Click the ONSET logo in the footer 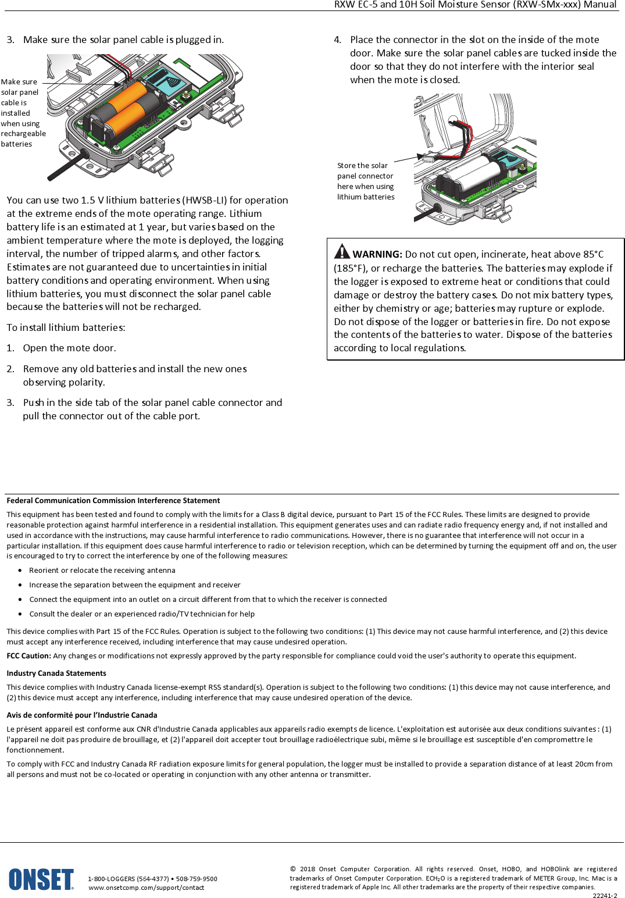click(x=41, y=879)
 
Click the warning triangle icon click(x=342, y=251)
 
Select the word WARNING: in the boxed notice click(x=377, y=254)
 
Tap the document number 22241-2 click(x=605, y=896)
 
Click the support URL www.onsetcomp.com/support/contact click(x=147, y=888)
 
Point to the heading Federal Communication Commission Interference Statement click(x=113, y=500)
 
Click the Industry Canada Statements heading click(x=56, y=673)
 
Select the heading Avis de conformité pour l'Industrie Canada click(x=81, y=715)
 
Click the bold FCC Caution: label click(x=28, y=655)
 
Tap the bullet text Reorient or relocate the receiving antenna click(x=102, y=571)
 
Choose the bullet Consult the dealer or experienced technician click(x=142, y=614)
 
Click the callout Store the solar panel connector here click(x=366, y=181)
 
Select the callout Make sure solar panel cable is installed click(x=22, y=113)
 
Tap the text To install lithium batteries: click(x=66, y=327)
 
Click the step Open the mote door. click(x=69, y=348)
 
